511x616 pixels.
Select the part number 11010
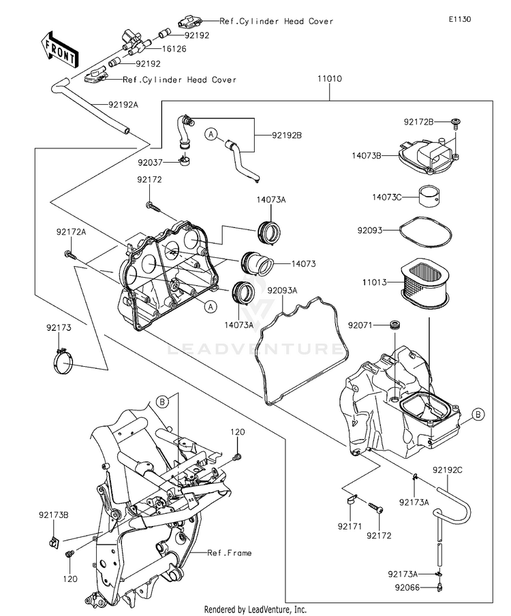(x=328, y=80)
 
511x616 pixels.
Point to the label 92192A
(x=123, y=105)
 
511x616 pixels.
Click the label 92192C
(x=446, y=470)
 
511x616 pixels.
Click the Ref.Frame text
(x=230, y=553)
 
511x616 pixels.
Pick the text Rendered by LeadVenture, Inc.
(x=255, y=609)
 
